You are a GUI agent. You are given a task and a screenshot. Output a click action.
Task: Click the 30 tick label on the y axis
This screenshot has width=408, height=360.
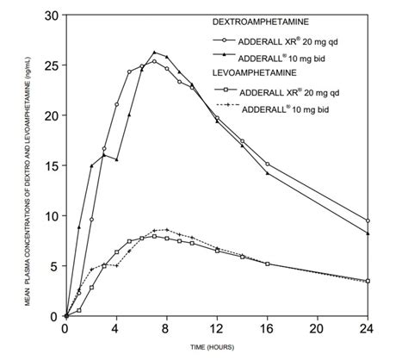tap(52, 16)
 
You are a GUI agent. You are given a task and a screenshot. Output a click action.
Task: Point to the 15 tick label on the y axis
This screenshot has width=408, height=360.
tap(52, 165)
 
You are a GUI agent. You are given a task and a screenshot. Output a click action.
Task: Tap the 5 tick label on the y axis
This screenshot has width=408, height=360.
tap(54, 266)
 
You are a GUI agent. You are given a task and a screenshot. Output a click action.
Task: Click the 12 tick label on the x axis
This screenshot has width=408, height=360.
tap(217, 329)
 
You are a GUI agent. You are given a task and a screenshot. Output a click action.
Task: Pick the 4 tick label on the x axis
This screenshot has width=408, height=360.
tap(116, 329)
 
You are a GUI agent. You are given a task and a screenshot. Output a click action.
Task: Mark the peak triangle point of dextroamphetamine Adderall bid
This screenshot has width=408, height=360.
tap(154, 53)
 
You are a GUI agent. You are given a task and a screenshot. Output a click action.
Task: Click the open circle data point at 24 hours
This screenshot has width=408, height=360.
tap(368, 220)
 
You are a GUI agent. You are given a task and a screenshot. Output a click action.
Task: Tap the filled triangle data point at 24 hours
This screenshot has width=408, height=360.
tap(368, 233)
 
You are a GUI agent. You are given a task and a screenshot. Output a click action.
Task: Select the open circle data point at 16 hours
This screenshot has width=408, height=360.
tap(268, 164)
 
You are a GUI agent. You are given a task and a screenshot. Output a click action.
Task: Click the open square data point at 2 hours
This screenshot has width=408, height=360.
tap(91, 287)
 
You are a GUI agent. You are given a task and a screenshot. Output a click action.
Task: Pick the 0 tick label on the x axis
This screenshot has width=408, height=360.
tap(66, 329)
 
